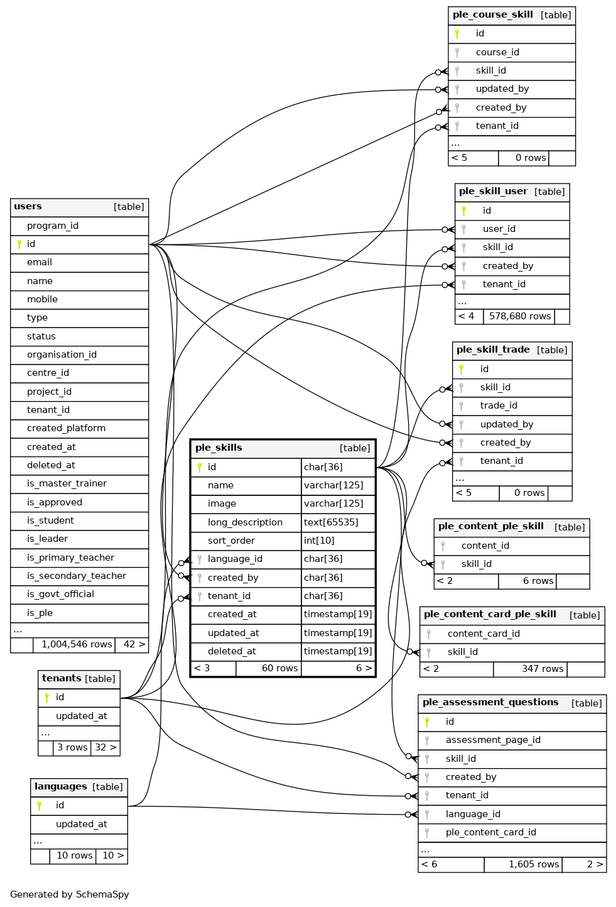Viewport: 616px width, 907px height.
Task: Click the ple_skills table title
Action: (x=219, y=448)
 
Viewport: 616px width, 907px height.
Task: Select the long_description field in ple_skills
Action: (x=245, y=522)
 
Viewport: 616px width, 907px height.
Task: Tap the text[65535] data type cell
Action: (x=331, y=522)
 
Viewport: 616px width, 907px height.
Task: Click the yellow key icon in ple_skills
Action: (x=200, y=467)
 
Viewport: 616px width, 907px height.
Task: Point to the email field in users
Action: (x=39, y=262)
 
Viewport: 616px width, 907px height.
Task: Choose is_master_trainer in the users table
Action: (x=67, y=483)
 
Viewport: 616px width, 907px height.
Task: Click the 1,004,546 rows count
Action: (x=77, y=644)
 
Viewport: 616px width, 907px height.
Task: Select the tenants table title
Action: (x=62, y=678)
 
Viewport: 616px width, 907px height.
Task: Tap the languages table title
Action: (x=61, y=786)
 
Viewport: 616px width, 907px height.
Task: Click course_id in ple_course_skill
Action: (x=497, y=52)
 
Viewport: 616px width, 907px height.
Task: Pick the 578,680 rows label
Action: (x=520, y=316)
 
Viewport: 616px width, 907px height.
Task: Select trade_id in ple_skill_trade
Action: (x=499, y=405)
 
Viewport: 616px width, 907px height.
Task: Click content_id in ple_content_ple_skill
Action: (x=485, y=546)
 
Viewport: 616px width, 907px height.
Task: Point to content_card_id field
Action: (x=484, y=634)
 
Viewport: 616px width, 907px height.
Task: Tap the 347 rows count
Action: (x=543, y=669)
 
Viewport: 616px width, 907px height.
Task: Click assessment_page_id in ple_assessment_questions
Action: (x=493, y=740)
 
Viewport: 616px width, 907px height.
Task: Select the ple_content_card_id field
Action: (x=490, y=832)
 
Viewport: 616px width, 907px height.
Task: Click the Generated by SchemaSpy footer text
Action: (x=70, y=894)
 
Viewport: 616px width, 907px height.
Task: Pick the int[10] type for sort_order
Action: (x=319, y=541)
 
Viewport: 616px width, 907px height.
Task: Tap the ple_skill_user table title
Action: (x=493, y=191)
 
